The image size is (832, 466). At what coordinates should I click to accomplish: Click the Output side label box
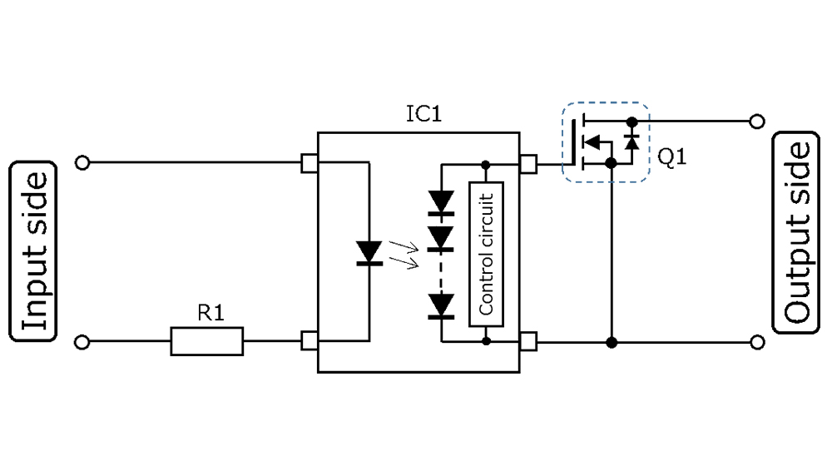(797, 233)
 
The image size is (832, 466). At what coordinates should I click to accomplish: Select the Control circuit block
(486, 254)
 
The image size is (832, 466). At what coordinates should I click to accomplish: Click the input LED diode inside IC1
(368, 253)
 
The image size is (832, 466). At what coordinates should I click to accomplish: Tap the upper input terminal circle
(82, 163)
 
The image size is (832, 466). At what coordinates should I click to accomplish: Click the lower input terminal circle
(82, 342)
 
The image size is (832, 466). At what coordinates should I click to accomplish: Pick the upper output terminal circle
(756, 121)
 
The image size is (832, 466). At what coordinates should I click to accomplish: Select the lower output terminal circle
(756, 342)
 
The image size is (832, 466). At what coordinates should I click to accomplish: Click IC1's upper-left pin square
(310, 163)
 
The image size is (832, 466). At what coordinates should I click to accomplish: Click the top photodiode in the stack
(441, 202)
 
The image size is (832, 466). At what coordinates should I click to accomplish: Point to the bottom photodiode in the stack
(441, 305)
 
